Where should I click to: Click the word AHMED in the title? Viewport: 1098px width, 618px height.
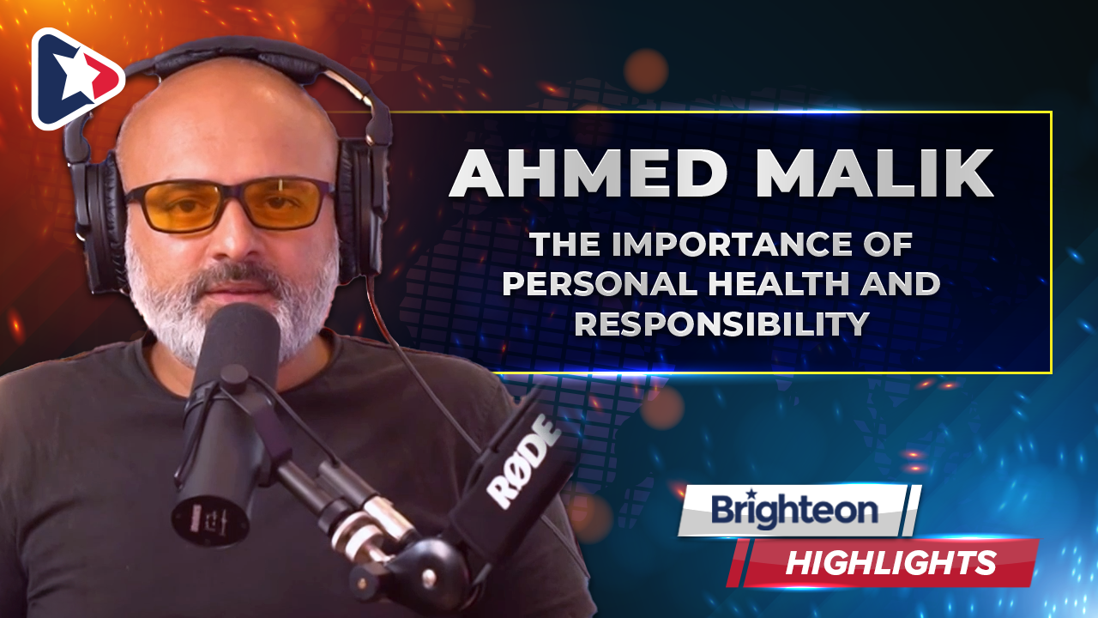point(588,173)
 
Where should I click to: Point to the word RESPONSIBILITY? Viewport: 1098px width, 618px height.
point(721,324)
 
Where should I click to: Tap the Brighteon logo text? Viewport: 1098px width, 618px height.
point(794,511)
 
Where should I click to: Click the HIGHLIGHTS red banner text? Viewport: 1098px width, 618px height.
point(891,562)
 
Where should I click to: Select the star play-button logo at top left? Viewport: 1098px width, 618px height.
point(77,78)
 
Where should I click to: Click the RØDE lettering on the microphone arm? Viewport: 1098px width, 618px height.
point(523,462)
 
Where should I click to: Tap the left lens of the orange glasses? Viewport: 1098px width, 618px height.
point(177,207)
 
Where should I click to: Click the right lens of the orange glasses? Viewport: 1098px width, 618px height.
point(287,201)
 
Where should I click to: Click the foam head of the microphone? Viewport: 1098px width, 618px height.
point(238,344)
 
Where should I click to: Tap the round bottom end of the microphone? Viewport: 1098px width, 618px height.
point(210,521)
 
